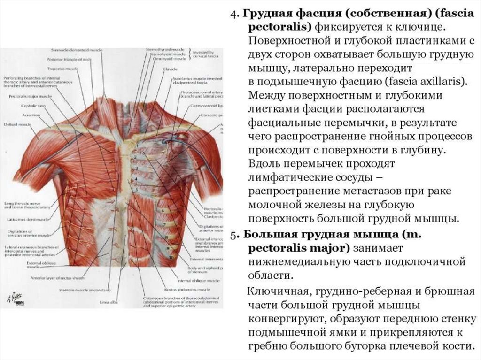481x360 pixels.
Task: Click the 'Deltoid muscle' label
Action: pyautogui.click(x=17, y=125)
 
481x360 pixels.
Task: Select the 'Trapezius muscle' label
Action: pyautogui.click(x=63, y=69)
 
